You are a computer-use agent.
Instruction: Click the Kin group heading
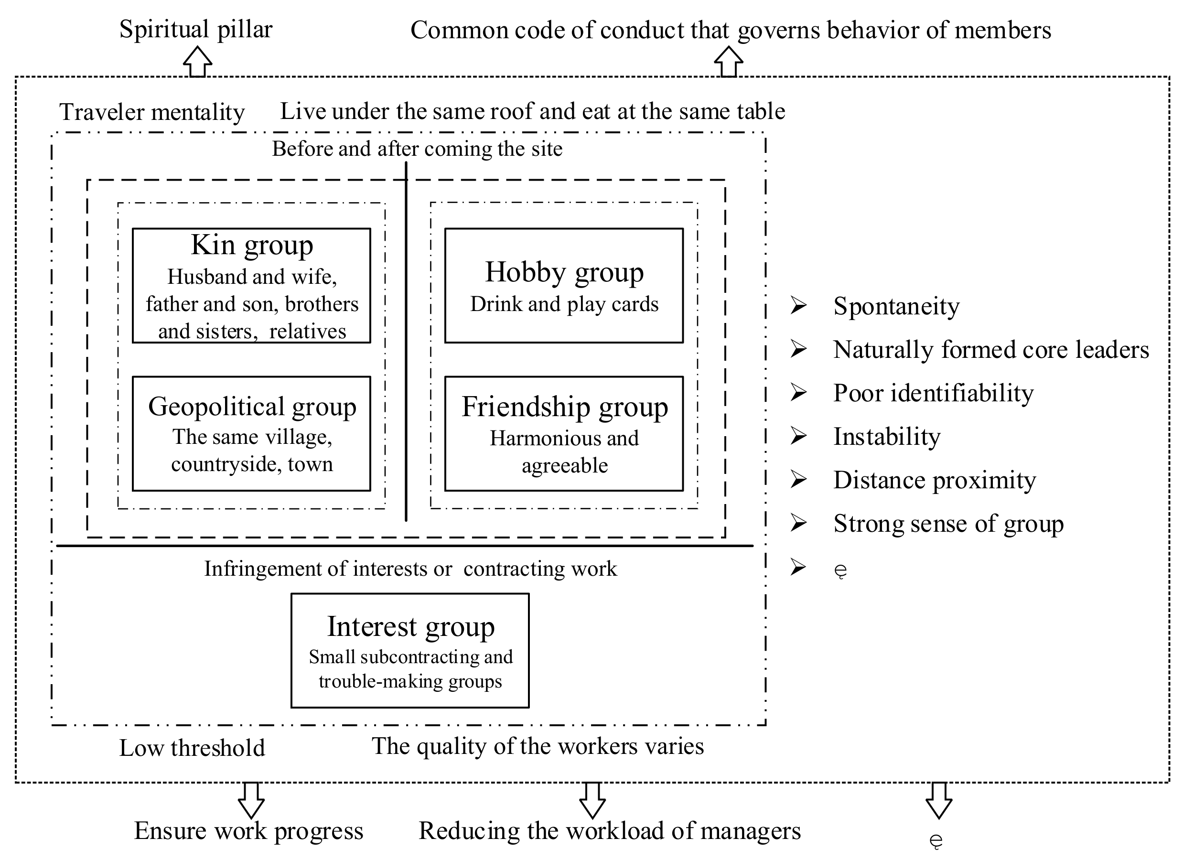252,245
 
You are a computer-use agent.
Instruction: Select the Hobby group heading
564,272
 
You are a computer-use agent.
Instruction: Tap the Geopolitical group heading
252,406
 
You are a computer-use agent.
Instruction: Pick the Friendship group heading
564,407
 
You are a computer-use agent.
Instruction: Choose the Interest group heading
410,626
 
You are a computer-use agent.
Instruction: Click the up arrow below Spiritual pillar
197,62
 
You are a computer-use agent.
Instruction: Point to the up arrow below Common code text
728,62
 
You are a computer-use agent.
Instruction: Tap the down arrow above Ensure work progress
251,799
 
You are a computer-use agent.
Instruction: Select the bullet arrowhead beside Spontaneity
798,305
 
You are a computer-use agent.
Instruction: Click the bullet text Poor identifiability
933,393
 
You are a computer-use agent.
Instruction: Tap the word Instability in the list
887,437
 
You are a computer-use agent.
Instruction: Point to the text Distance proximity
934,480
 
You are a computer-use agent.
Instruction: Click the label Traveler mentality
152,112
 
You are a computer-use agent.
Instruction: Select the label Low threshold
192,748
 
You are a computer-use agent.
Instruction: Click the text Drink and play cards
564,304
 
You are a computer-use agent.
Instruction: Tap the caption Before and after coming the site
417,149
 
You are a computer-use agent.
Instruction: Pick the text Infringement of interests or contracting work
410,569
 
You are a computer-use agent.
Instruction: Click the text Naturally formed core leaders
990,349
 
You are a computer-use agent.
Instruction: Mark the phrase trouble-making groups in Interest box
410,681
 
